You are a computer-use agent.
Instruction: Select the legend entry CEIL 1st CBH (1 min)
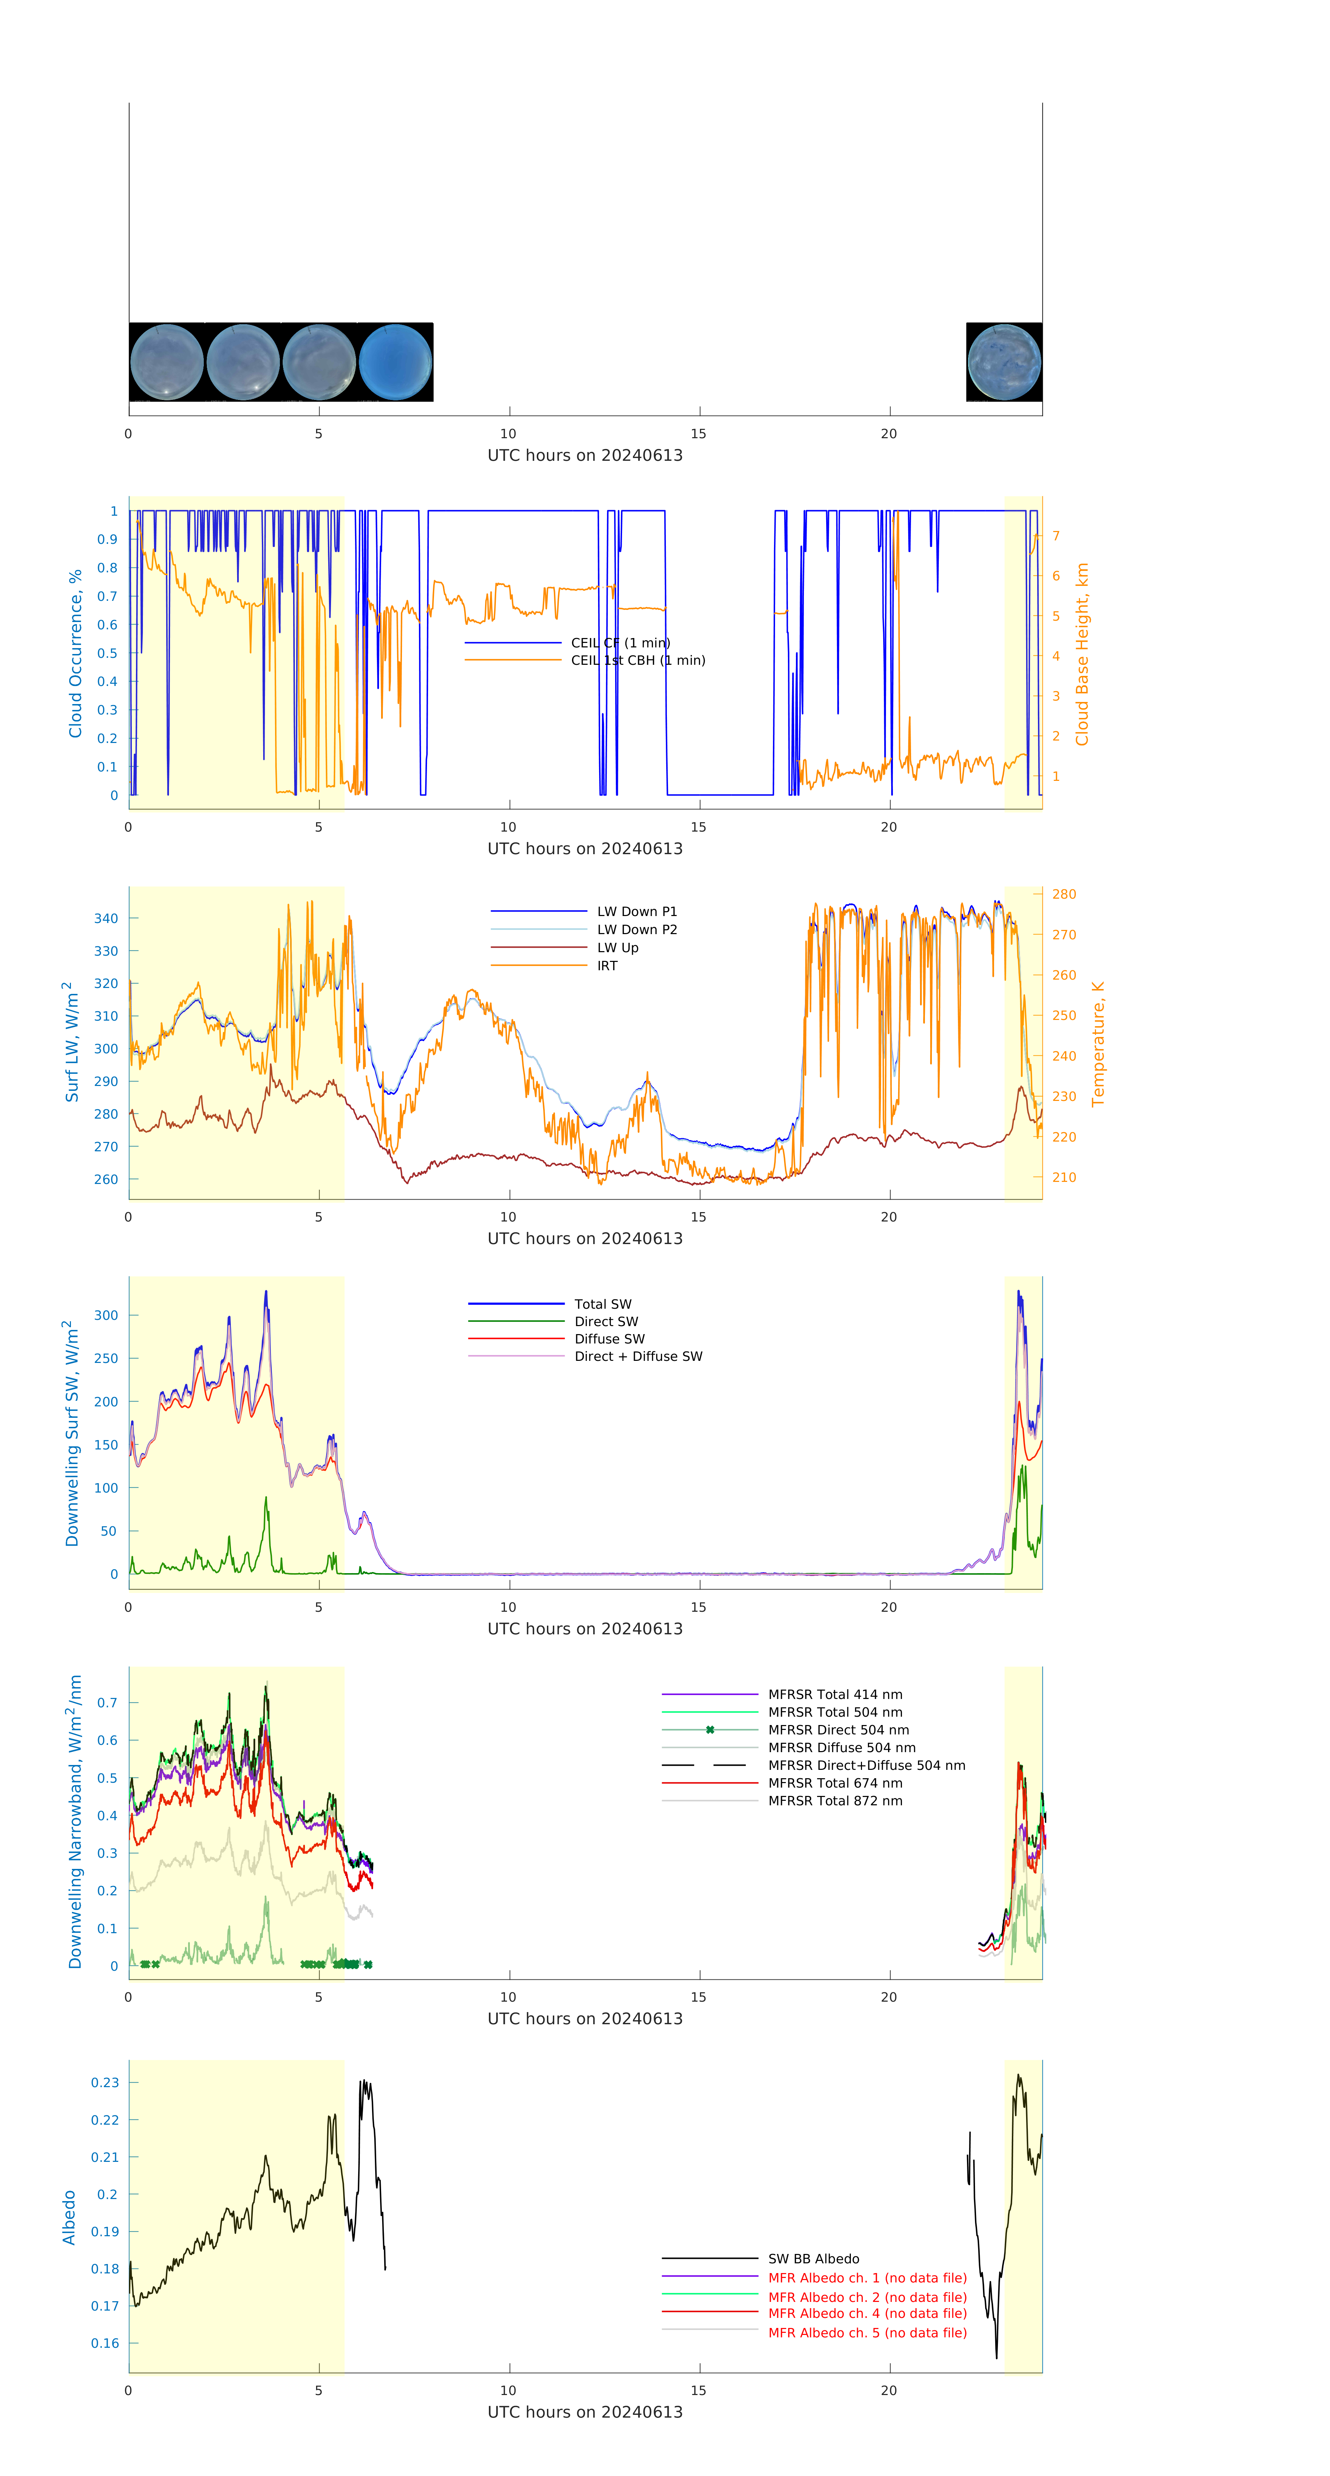click(x=638, y=660)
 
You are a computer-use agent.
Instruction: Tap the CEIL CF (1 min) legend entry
click(x=620, y=643)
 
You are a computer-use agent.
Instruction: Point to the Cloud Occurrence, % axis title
click(x=75, y=654)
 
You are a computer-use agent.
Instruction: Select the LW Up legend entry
click(x=618, y=948)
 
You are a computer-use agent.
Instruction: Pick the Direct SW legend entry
click(x=606, y=1322)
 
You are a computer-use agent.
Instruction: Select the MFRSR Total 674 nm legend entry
click(x=835, y=1783)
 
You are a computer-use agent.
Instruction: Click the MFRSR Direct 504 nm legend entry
click(x=838, y=1730)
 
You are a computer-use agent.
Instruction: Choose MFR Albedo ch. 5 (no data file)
click(x=866, y=2333)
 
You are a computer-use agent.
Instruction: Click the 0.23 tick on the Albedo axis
click(x=105, y=2083)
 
